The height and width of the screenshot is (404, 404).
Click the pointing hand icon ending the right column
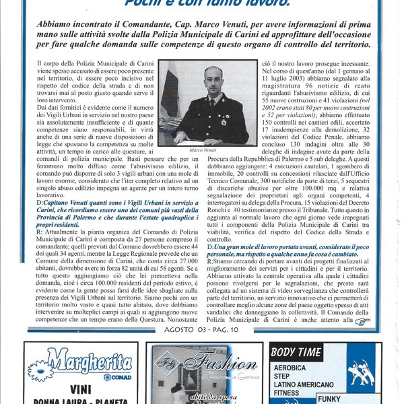(x=364, y=322)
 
